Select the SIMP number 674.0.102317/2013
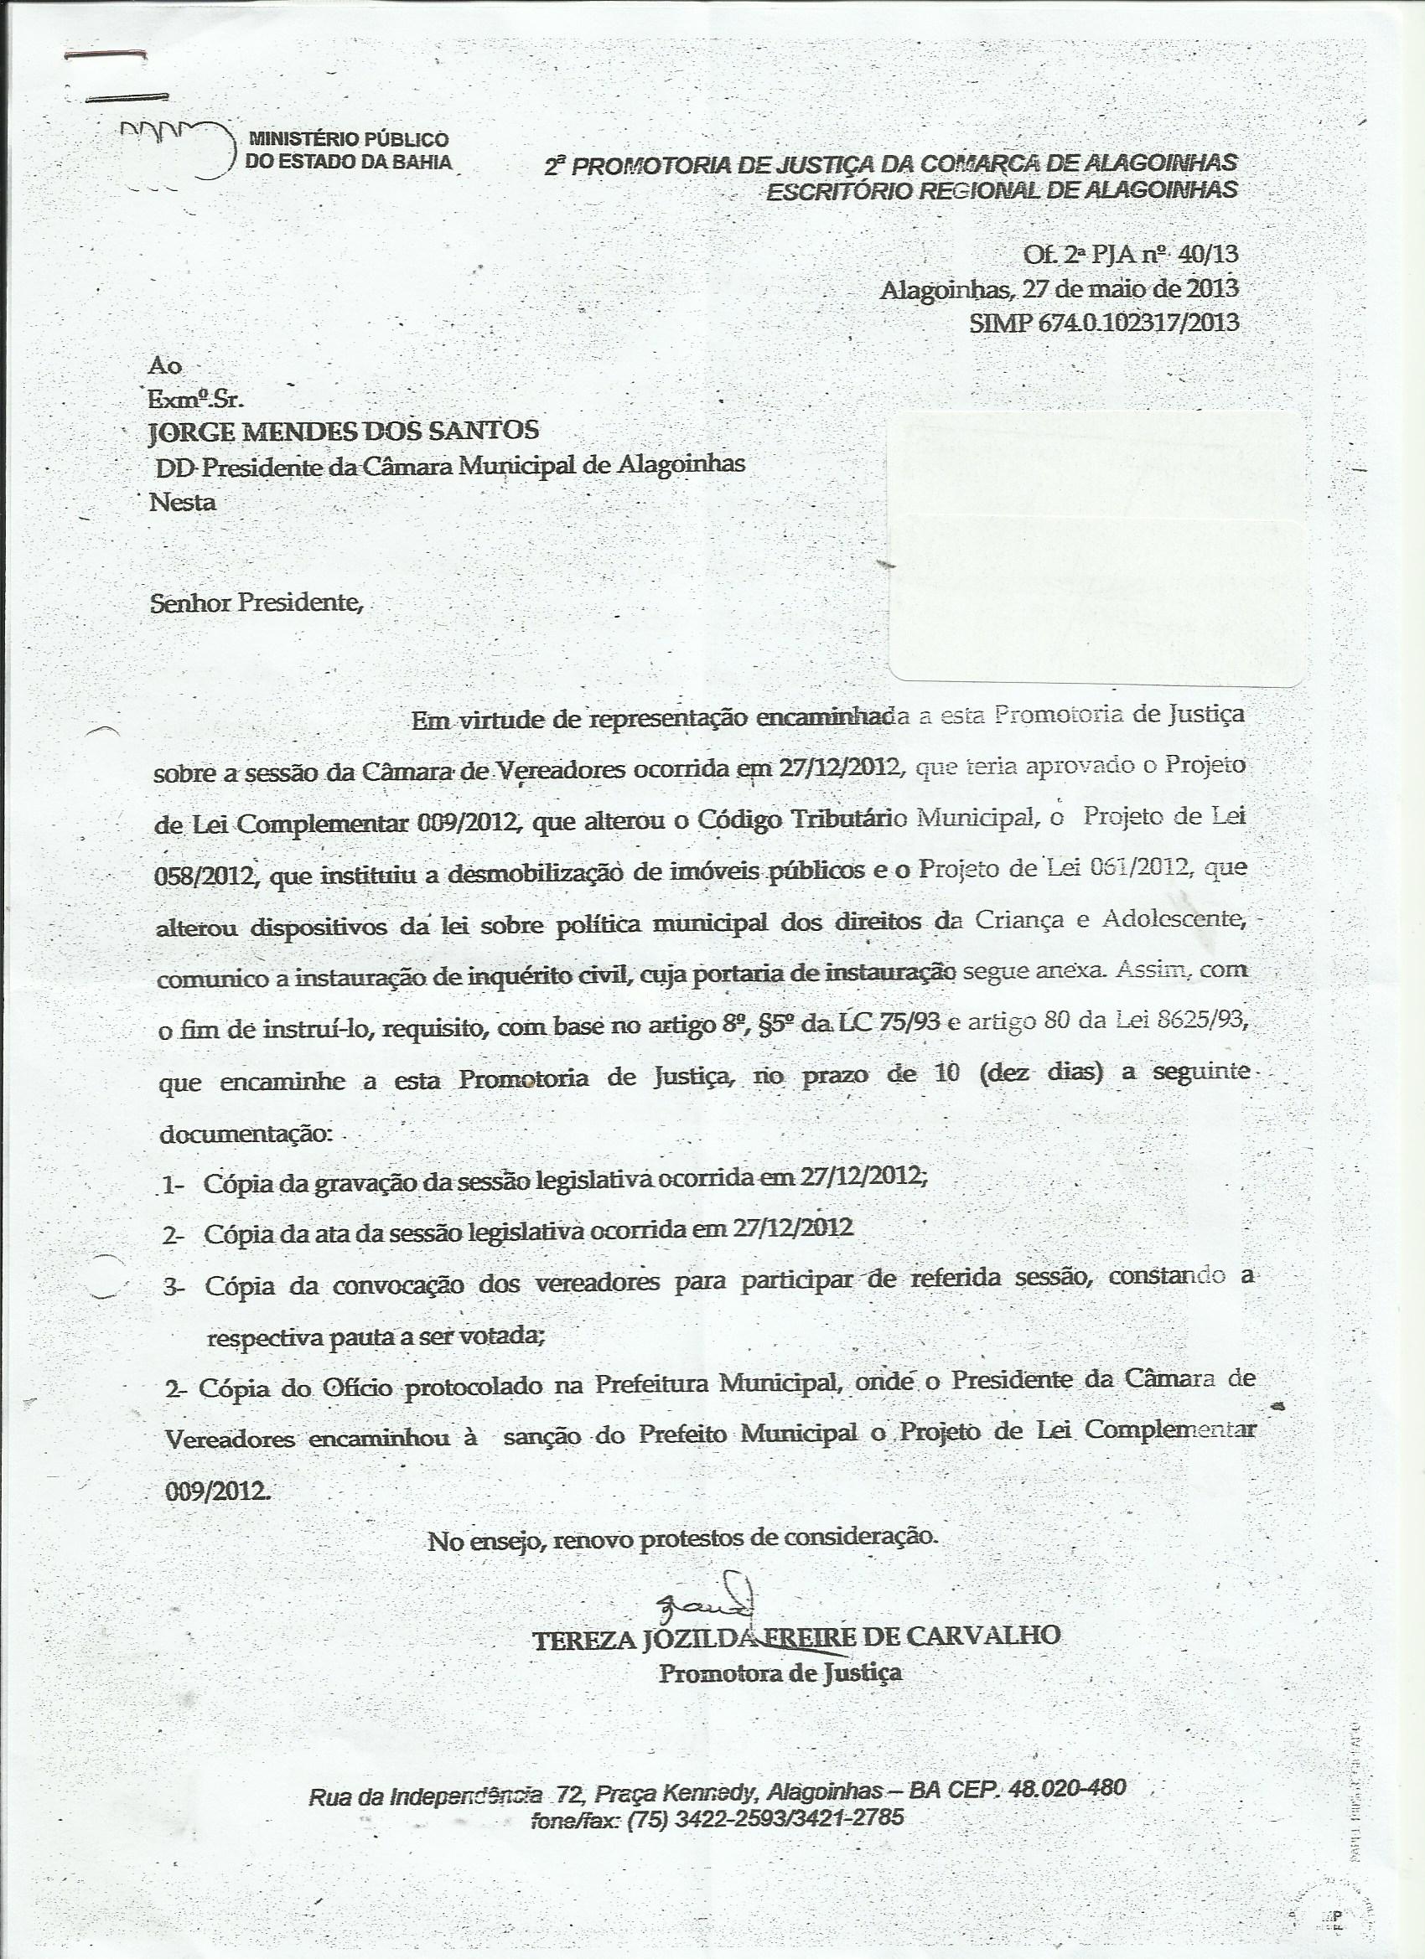click(x=1106, y=323)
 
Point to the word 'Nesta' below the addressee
click(x=183, y=502)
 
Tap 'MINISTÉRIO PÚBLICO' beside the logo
click(x=348, y=138)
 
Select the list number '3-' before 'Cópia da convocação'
click(x=174, y=1287)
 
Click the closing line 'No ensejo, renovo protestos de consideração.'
click(x=681, y=1538)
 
